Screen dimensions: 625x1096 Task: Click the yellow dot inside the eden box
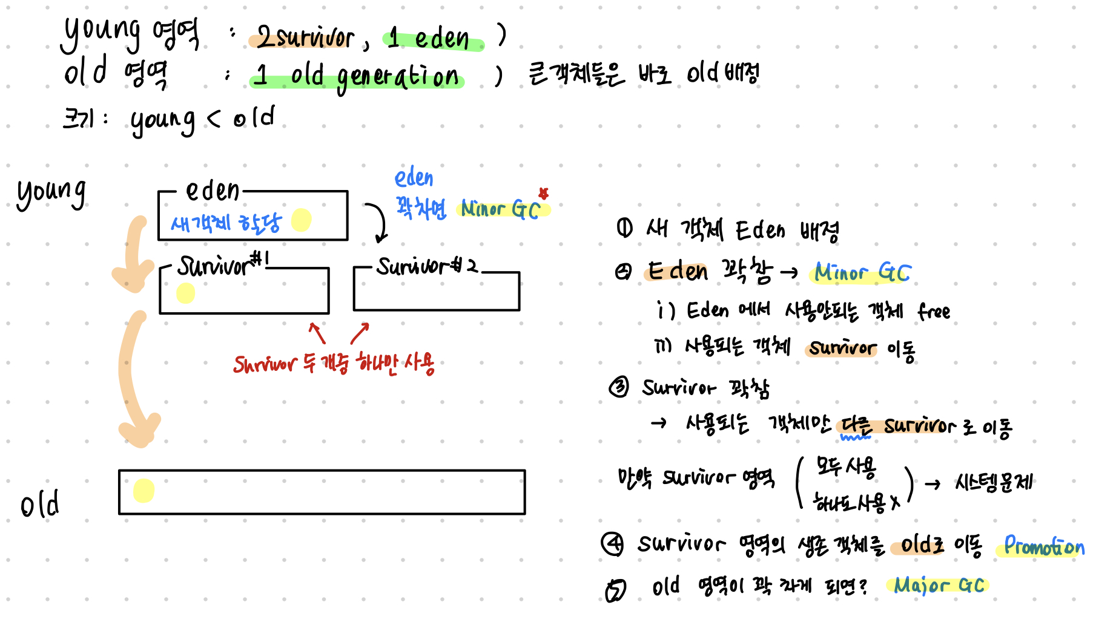point(301,220)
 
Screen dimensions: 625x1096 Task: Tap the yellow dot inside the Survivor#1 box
point(185,293)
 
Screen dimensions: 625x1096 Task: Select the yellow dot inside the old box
point(144,491)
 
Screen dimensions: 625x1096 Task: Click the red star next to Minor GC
point(543,193)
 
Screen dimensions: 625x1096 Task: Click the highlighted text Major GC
point(938,585)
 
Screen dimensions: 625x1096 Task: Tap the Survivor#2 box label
point(426,266)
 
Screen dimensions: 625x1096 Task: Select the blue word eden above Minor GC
point(414,178)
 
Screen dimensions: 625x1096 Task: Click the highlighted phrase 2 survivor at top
point(305,38)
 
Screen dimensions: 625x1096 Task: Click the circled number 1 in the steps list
point(624,228)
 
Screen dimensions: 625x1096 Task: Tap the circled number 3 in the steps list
point(619,387)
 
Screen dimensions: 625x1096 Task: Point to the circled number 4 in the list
point(612,543)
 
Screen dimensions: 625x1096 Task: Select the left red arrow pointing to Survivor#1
point(317,332)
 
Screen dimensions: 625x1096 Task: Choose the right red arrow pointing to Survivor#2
point(360,332)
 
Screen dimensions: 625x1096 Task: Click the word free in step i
point(934,312)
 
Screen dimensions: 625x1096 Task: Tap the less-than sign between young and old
point(214,118)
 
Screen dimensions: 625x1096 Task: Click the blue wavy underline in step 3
point(856,437)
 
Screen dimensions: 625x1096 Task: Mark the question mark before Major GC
point(862,585)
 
